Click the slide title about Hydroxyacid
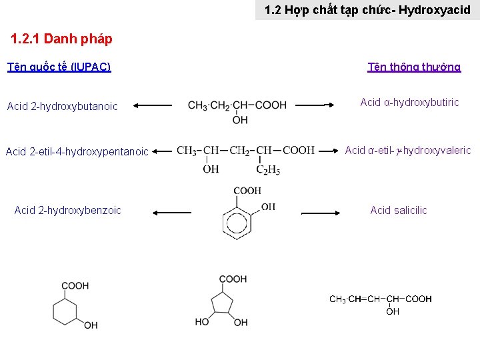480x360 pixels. tap(367, 10)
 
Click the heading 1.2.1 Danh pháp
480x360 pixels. tap(61, 39)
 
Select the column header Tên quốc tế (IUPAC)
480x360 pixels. tap(59, 67)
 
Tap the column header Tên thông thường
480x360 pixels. tap(414, 67)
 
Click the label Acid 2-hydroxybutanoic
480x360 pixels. tap(62, 106)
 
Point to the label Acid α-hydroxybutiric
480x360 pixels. tap(409, 102)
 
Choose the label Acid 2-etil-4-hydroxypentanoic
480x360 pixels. tap(77, 151)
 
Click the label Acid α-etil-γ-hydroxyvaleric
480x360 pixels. tap(408, 150)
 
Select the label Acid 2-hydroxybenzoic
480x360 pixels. tap(67, 210)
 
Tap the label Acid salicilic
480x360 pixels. tap(399, 210)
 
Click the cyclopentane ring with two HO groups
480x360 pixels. tap(223, 304)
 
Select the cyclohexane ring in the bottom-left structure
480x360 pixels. tap(67, 310)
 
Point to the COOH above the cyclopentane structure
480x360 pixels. tap(233, 279)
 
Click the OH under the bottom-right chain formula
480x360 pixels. tap(393, 311)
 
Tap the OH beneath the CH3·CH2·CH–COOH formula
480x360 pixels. tap(240, 120)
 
